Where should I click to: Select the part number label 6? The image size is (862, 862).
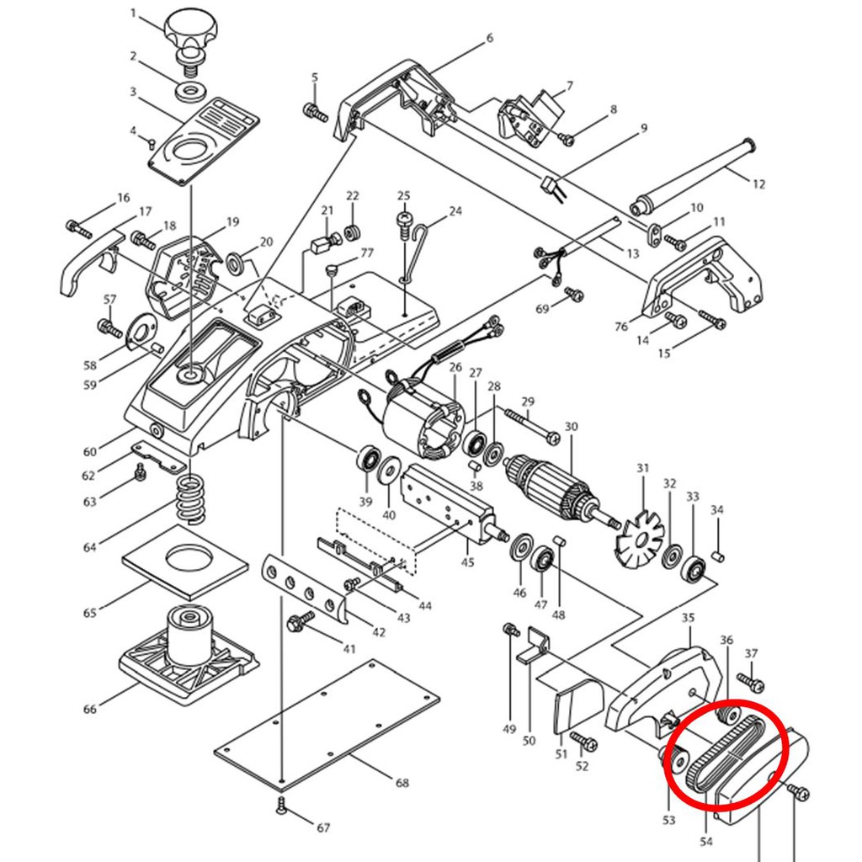click(x=489, y=38)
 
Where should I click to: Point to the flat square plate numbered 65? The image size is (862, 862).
click(x=184, y=562)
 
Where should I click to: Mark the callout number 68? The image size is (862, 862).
click(x=402, y=782)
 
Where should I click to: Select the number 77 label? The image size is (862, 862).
click(x=367, y=253)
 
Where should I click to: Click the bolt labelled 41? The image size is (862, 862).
click(x=301, y=622)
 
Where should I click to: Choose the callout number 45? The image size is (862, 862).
click(x=467, y=561)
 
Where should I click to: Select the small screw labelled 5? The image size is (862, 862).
click(x=316, y=113)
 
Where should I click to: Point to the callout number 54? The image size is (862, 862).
click(x=706, y=841)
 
